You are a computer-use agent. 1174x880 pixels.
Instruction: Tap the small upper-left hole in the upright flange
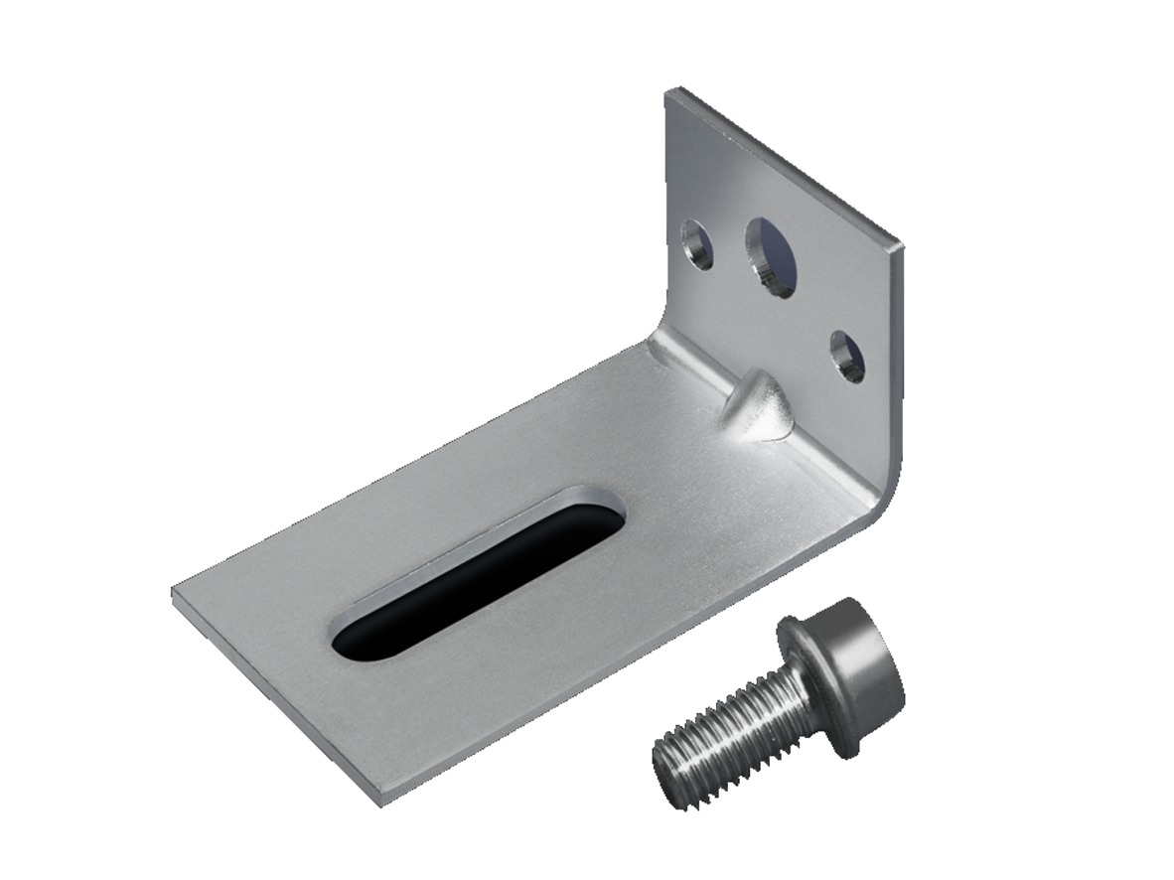697,244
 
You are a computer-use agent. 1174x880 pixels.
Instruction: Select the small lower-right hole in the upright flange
847,357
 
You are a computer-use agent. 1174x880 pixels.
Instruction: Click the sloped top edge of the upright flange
785,165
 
